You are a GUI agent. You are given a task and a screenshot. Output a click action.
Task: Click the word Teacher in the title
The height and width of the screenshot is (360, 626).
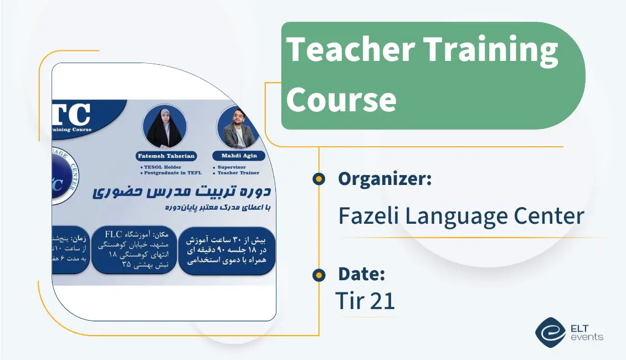(350, 49)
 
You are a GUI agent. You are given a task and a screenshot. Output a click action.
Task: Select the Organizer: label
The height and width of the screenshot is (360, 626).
(384, 179)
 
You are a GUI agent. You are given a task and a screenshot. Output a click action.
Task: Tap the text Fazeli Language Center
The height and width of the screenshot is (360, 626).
(461, 215)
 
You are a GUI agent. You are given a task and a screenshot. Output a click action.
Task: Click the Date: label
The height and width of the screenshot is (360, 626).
(361, 274)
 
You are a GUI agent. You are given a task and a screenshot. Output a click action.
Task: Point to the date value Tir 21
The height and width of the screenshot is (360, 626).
(365, 301)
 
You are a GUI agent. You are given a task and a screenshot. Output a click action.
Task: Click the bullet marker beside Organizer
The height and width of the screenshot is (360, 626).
(319, 179)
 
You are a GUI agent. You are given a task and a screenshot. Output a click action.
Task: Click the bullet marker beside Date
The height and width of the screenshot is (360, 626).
(319, 274)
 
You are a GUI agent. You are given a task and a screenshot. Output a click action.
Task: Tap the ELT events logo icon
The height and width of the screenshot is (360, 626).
(550, 332)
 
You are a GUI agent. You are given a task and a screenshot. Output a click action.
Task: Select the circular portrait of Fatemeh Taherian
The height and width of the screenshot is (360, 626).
(165, 126)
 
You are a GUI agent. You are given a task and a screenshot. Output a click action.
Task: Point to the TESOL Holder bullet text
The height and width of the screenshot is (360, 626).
(163, 167)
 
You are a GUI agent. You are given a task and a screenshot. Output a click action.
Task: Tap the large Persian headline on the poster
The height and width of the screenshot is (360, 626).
(181, 192)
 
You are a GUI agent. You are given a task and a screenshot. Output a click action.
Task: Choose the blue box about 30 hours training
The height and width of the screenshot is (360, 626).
(227, 250)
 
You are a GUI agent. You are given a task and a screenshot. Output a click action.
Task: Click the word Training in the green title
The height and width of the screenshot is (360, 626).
(491, 49)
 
